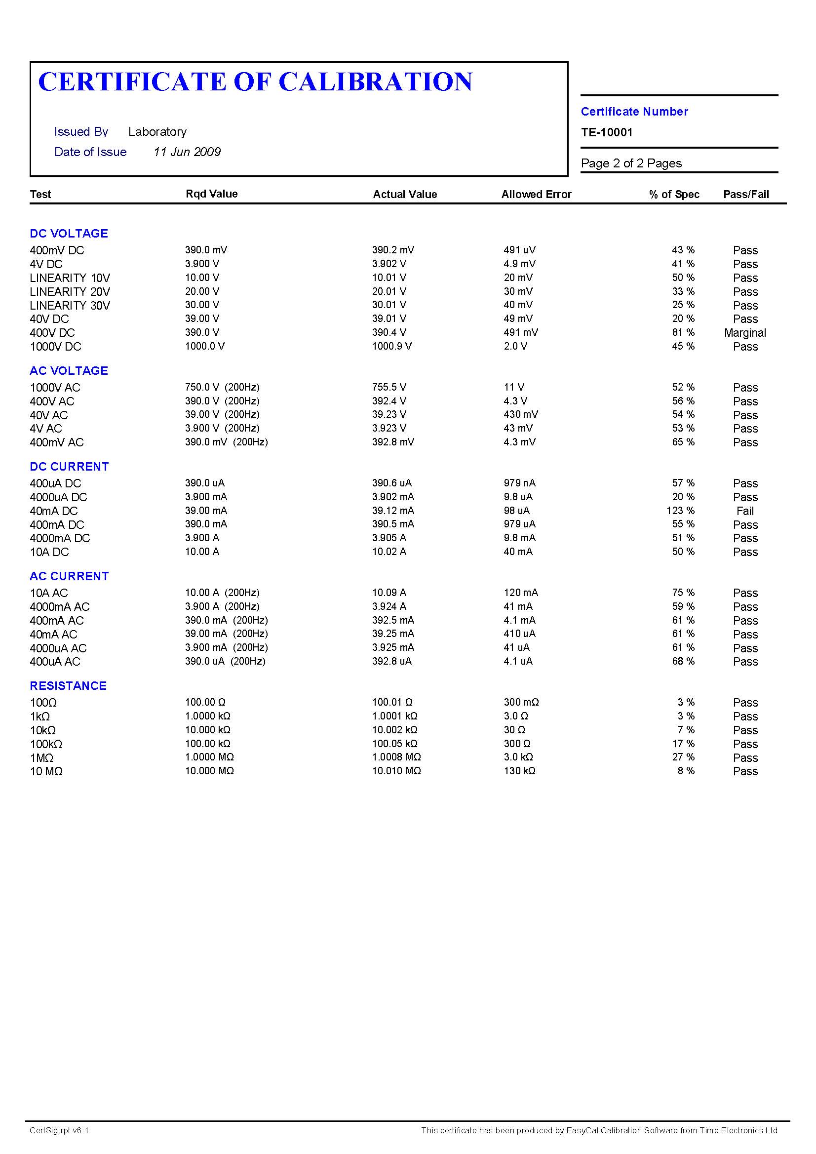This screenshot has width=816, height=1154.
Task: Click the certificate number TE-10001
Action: click(x=607, y=132)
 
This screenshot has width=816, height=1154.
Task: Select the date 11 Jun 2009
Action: click(x=187, y=152)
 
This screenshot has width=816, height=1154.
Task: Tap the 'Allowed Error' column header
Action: click(x=536, y=195)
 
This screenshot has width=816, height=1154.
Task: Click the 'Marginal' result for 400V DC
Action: click(x=744, y=333)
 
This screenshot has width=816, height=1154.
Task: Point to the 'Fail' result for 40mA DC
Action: click(x=744, y=511)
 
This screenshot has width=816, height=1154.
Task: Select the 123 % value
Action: click(x=680, y=511)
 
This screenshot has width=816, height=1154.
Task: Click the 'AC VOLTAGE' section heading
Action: click(x=69, y=371)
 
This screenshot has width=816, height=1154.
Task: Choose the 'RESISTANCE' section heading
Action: click(x=68, y=686)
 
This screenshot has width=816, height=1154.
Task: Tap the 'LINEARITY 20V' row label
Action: click(x=70, y=292)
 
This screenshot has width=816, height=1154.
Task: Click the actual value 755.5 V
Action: click(x=389, y=388)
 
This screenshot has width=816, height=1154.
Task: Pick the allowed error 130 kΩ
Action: click(x=519, y=771)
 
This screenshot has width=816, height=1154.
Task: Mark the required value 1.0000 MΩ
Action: click(x=209, y=757)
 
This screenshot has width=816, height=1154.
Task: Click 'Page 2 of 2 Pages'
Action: click(x=631, y=163)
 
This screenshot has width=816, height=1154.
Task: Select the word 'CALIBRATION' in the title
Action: click(x=375, y=82)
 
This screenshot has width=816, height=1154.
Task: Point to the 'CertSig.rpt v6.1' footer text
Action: click(x=59, y=1130)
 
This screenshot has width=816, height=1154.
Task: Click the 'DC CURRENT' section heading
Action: click(x=69, y=467)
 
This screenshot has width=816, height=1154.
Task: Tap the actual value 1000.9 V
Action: click(x=391, y=346)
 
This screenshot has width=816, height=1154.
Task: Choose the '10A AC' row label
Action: click(x=49, y=593)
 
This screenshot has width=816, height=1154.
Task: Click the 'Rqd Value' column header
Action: click(x=212, y=194)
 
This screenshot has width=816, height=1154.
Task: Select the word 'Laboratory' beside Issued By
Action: click(x=157, y=132)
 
